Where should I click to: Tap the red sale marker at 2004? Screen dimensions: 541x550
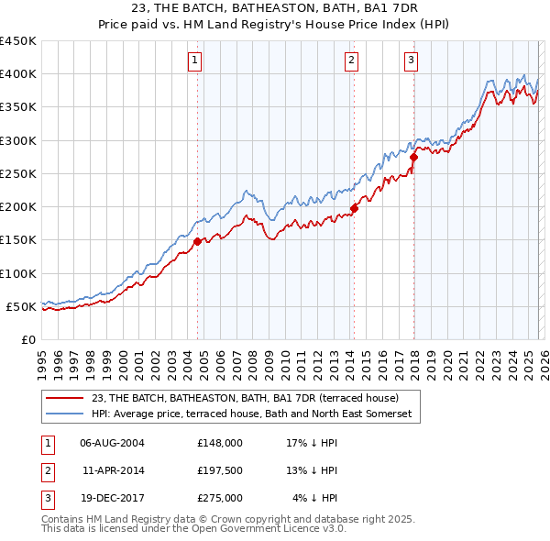tap(197, 241)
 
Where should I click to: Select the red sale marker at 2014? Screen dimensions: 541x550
tap(354, 208)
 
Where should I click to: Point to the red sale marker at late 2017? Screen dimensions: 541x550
tap(413, 157)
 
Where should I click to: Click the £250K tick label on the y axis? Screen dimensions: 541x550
tap(18, 173)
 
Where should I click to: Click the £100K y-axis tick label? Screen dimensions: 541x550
tap(18, 273)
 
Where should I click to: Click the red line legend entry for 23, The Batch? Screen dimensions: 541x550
tap(245, 399)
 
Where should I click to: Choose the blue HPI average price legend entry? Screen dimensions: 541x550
tap(252, 414)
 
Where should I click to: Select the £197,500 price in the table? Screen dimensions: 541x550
tap(219, 470)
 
